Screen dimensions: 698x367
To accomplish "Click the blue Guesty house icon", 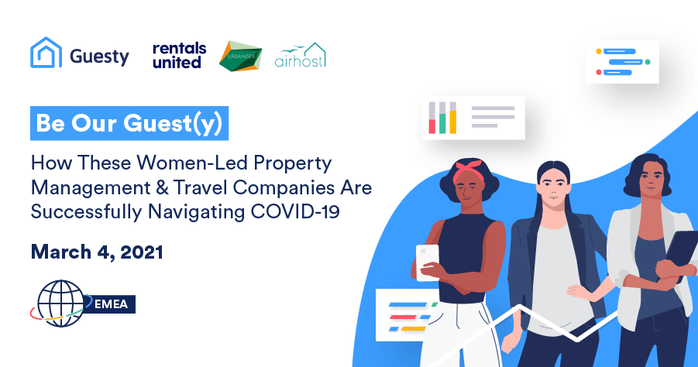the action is (46, 53).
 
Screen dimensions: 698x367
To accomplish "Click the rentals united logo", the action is (180, 56).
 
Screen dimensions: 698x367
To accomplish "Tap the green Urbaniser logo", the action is (240, 56).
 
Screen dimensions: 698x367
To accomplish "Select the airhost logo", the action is (301, 55).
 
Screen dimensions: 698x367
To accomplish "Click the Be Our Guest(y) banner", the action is (129, 123).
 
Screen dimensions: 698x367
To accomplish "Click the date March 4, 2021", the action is (97, 252).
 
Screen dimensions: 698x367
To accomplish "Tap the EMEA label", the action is (111, 304).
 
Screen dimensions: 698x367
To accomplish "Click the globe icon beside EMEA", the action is (60, 303).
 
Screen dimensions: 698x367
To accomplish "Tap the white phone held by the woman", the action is (428, 262).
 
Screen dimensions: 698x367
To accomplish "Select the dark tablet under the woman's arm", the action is (681, 252).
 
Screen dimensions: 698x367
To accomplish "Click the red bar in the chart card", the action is (432, 126).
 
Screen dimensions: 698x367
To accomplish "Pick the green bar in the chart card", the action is (442, 124).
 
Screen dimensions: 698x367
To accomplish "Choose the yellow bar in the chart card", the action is (453, 122).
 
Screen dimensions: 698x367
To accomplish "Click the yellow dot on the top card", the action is (599, 51).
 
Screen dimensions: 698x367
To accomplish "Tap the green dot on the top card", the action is (648, 62).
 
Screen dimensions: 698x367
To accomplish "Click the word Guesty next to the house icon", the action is (99, 57).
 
